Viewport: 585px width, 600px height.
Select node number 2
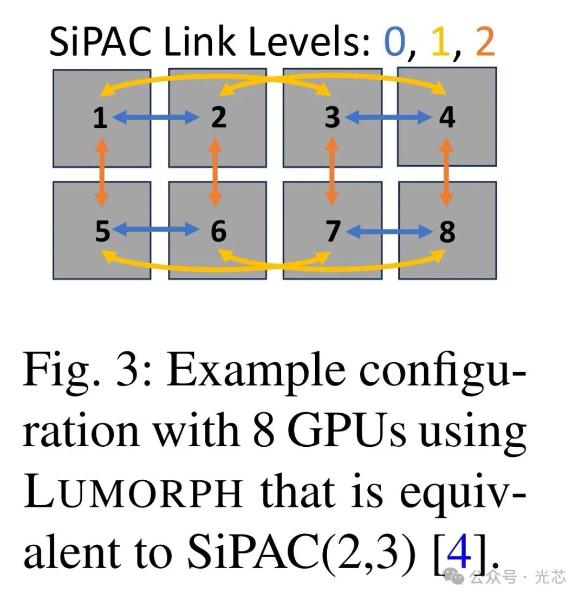pyautogui.click(x=218, y=117)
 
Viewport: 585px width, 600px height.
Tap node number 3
pyautogui.click(x=331, y=117)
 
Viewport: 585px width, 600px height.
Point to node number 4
pyautogui.click(x=447, y=117)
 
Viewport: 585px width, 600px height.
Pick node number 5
pyautogui.click(x=102, y=232)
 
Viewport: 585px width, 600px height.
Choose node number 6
pyautogui.click(x=218, y=232)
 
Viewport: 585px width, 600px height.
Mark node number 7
pyautogui.click(x=332, y=232)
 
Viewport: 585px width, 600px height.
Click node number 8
pyautogui.click(x=447, y=232)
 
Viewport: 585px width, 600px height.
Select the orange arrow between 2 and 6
pyautogui.click(x=216, y=173)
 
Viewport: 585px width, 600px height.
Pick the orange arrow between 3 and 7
pyautogui.click(x=331, y=173)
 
